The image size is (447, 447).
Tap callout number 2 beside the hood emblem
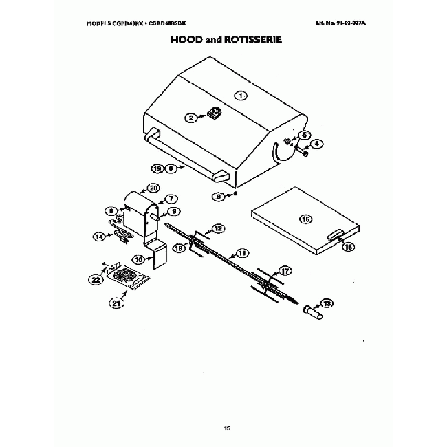pyautogui.click(x=192, y=118)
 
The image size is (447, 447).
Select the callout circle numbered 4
pyautogui.click(x=317, y=144)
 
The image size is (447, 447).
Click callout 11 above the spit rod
pyautogui.click(x=241, y=252)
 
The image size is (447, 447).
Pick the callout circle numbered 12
pyautogui.click(x=218, y=228)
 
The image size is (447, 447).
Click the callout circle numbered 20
pyautogui.click(x=153, y=188)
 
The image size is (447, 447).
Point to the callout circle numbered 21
pyautogui.click(x=116, y=301)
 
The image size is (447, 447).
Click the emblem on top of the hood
pyautogui.click(x=214, y=113)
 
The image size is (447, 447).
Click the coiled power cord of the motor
pyautogui.click(x=122, y=237)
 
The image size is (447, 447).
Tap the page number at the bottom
pyautogui.click(x=226, y=428)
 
